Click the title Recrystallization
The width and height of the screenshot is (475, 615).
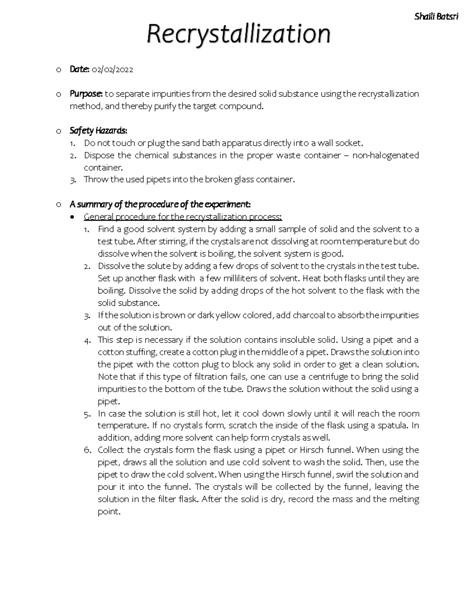238,34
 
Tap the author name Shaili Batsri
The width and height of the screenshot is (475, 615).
436,17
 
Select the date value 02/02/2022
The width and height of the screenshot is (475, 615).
112,70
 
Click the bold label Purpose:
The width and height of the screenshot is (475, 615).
86,94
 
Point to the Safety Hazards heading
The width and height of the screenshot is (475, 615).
98,130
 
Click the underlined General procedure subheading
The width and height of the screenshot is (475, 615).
182,217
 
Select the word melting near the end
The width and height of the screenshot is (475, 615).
404,499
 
